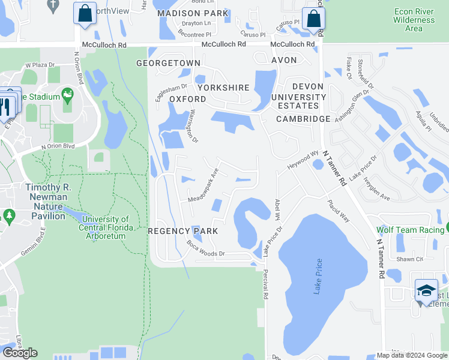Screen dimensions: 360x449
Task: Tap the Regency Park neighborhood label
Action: click(183, 231)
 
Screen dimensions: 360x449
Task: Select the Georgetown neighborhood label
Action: click(168, 62)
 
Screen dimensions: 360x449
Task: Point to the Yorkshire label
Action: click(223, 88)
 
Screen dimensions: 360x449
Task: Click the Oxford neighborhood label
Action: click(187, 98)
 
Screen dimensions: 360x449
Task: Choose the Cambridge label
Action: click(303, 119)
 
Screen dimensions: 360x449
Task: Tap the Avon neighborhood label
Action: click(284, 60)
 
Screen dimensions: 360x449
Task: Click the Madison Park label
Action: click(192, 13)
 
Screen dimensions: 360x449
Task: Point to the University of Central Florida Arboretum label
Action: click(104, 228)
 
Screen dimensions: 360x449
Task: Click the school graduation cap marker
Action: click(426, 290)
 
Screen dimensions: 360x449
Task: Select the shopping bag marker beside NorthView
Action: click(85, 13)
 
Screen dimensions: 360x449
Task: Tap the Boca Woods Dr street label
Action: click(205, 249)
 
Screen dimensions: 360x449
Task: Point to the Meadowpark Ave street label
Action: click(203, 189)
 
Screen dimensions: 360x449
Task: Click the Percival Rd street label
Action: click(264, 284)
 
